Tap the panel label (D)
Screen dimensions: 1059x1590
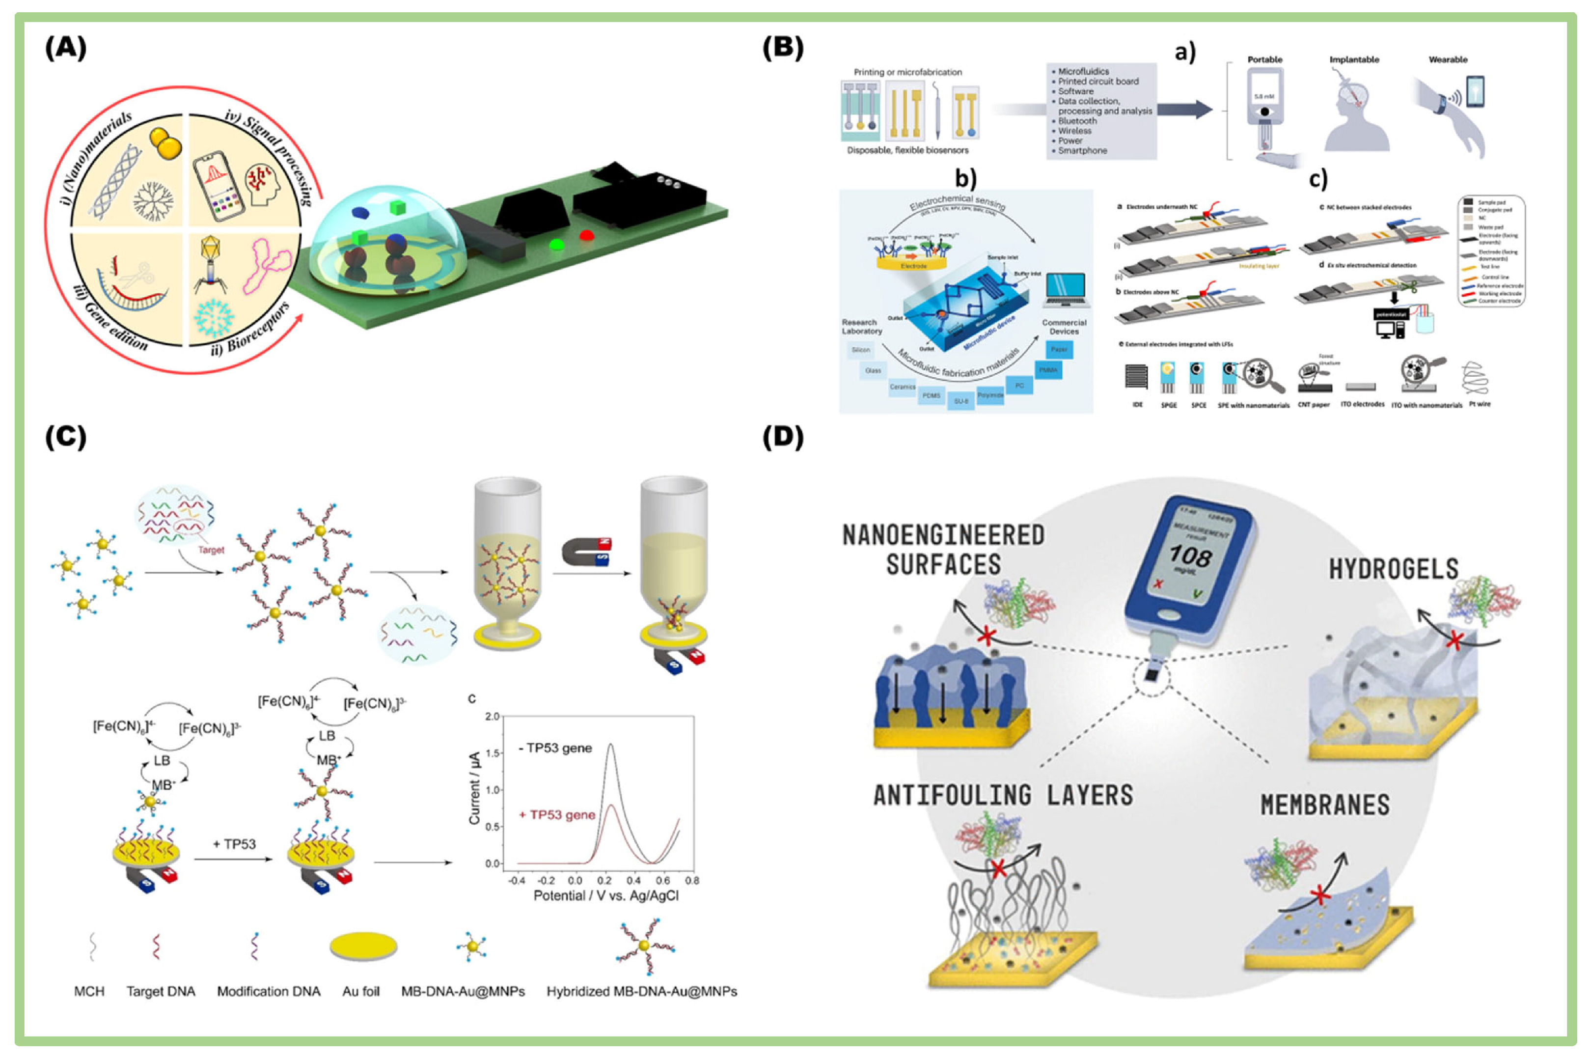tap(783, 437)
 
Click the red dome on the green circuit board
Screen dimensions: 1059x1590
tap(586, 236)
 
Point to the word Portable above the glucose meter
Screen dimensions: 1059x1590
tap(1264, 59)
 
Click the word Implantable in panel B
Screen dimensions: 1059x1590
tap(1354, 59)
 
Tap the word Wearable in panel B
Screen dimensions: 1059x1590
tap(1448, 59)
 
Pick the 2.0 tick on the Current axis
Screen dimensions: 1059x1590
tap(492, 716)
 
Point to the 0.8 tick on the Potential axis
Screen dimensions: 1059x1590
tap(692, 880)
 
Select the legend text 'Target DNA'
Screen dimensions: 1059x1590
tap(161, 991)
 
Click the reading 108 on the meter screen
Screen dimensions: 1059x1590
tap(1190, 556)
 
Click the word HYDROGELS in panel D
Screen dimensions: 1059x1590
tap(1394, 569)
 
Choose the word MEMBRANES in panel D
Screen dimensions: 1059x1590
tap(1325, 805)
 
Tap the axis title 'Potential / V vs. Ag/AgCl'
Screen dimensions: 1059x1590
tap(605, 895)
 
